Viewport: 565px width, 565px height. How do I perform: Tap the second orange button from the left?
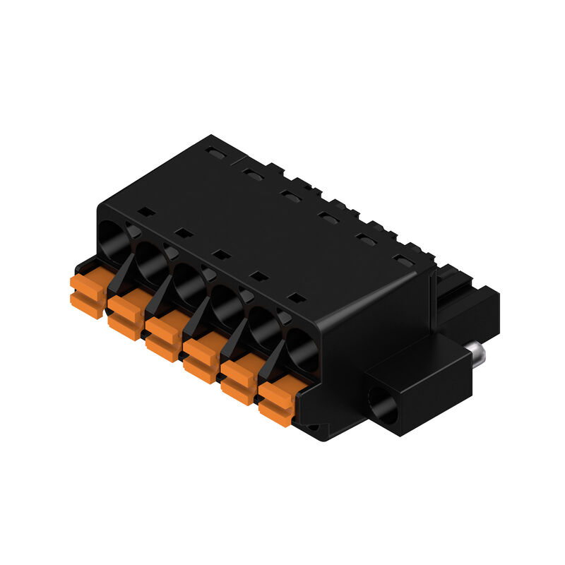click(x=124, y=315)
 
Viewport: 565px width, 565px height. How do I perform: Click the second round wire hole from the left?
click(x=150, y=258)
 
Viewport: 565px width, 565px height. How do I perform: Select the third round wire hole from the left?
click(x=187, y=280)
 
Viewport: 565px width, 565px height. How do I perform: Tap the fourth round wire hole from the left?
click(x=226, y=304)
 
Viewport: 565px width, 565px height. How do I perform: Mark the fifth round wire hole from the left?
click(x=263, y=326)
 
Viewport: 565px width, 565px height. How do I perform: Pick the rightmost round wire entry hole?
click(x=302, y=348)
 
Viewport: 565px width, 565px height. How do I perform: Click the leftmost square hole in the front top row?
click(x=145, y=211)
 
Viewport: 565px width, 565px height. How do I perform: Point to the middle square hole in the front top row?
click(x=221, y=254)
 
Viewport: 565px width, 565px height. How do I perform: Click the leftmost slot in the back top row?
click(x=215, y=152)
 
